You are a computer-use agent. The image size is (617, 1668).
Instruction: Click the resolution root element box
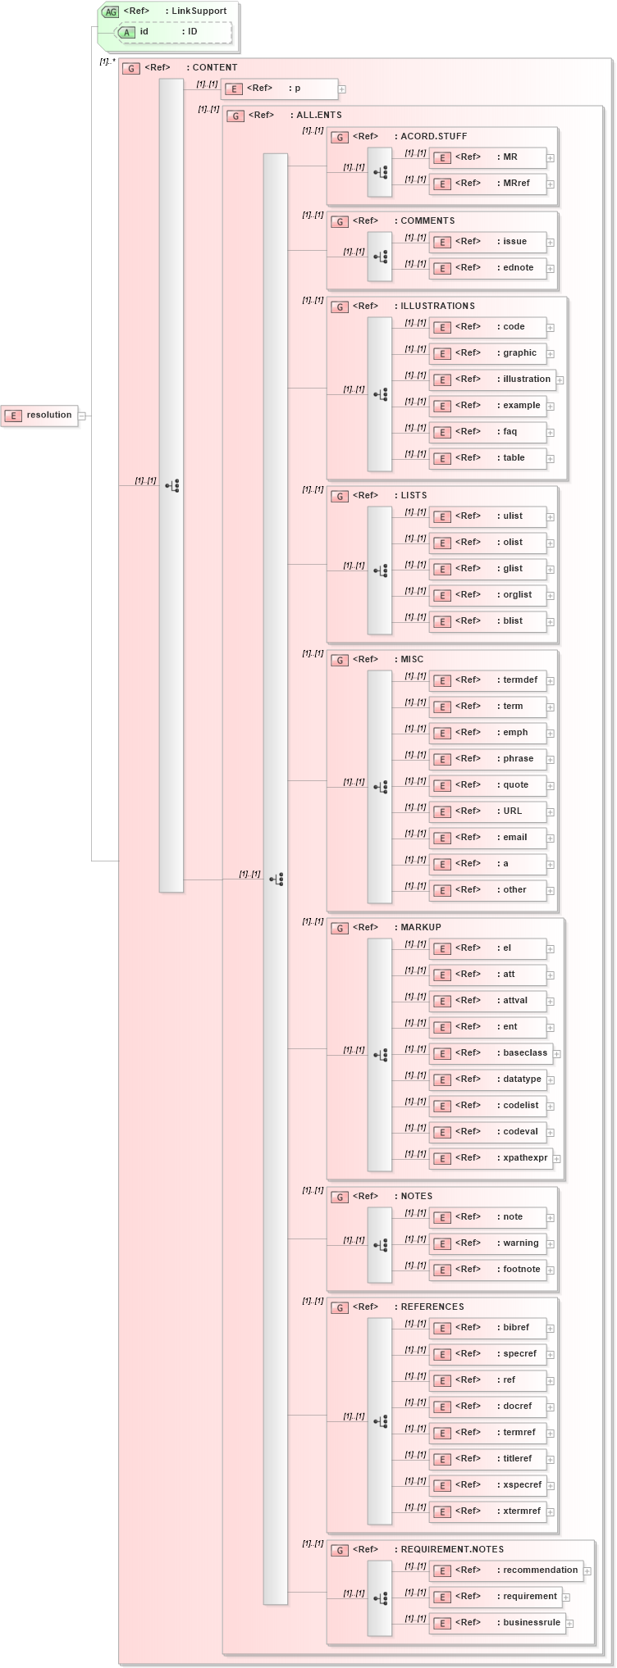click(x=40, y=416)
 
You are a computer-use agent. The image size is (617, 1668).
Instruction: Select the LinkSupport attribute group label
click(x=199, y=11)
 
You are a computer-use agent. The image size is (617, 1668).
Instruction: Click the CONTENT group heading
click(x=214, y=68)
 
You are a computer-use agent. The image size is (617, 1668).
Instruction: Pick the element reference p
click(x=280, y=89)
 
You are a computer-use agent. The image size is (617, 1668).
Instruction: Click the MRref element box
click(x=487, y=184)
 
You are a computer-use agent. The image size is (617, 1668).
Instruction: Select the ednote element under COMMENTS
click(x=487, y=268)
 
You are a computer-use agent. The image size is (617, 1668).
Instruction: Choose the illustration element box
click(x=492, y=380)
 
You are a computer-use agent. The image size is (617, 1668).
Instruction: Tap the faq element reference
click(x=487, y=432)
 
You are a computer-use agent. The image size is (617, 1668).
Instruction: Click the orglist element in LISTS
click(x=487, y=595)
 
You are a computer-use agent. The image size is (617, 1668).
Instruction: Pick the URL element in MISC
click(x=487, y=811)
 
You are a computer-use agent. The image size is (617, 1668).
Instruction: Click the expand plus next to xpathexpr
click(x=557, y=1159)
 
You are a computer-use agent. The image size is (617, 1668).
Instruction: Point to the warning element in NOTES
click(x=487, y=1243)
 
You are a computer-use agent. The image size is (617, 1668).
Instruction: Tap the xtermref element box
click(x=487, y=1511)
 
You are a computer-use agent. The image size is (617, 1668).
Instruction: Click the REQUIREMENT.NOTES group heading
click(x=451, y=1550)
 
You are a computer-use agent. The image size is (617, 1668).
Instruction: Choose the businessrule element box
click(x=497, y=1623)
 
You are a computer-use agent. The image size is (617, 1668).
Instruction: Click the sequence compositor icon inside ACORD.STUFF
click(x=380, y=172)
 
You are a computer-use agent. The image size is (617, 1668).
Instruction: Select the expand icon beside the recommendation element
click(x=587, y=1571)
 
